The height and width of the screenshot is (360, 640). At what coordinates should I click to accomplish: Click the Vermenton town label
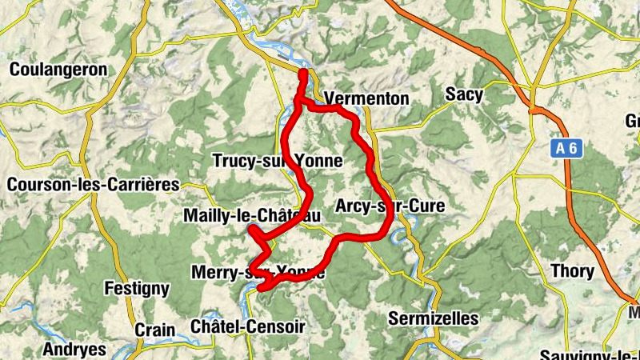(366, 99)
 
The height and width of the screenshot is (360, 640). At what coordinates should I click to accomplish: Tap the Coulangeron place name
(58, 70)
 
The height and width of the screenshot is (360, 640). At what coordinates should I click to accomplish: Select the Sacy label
(465, 95)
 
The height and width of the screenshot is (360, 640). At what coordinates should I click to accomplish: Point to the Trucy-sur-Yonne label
(277, 162)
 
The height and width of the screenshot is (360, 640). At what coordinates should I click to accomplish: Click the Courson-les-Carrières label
(93, 185)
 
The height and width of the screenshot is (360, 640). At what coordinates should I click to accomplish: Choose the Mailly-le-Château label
(251, 216)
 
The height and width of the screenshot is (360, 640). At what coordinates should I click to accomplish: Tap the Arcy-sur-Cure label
(390, 206)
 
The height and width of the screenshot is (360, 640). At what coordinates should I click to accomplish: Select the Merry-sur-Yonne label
(258, 273)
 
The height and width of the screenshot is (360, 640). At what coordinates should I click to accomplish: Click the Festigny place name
(138, 288)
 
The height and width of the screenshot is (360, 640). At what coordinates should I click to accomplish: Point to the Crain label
(154, 330)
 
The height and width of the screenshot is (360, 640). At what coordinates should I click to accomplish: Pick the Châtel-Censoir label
(248, 326)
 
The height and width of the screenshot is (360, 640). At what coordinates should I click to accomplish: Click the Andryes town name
(74, 349)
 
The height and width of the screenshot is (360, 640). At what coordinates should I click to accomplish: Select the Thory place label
(573, 271)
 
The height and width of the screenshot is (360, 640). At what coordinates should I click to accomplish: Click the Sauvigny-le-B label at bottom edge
(588, 354)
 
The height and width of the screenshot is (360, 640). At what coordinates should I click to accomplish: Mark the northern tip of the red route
(304, 74)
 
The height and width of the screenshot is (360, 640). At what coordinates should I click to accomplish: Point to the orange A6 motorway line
(552, 128)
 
